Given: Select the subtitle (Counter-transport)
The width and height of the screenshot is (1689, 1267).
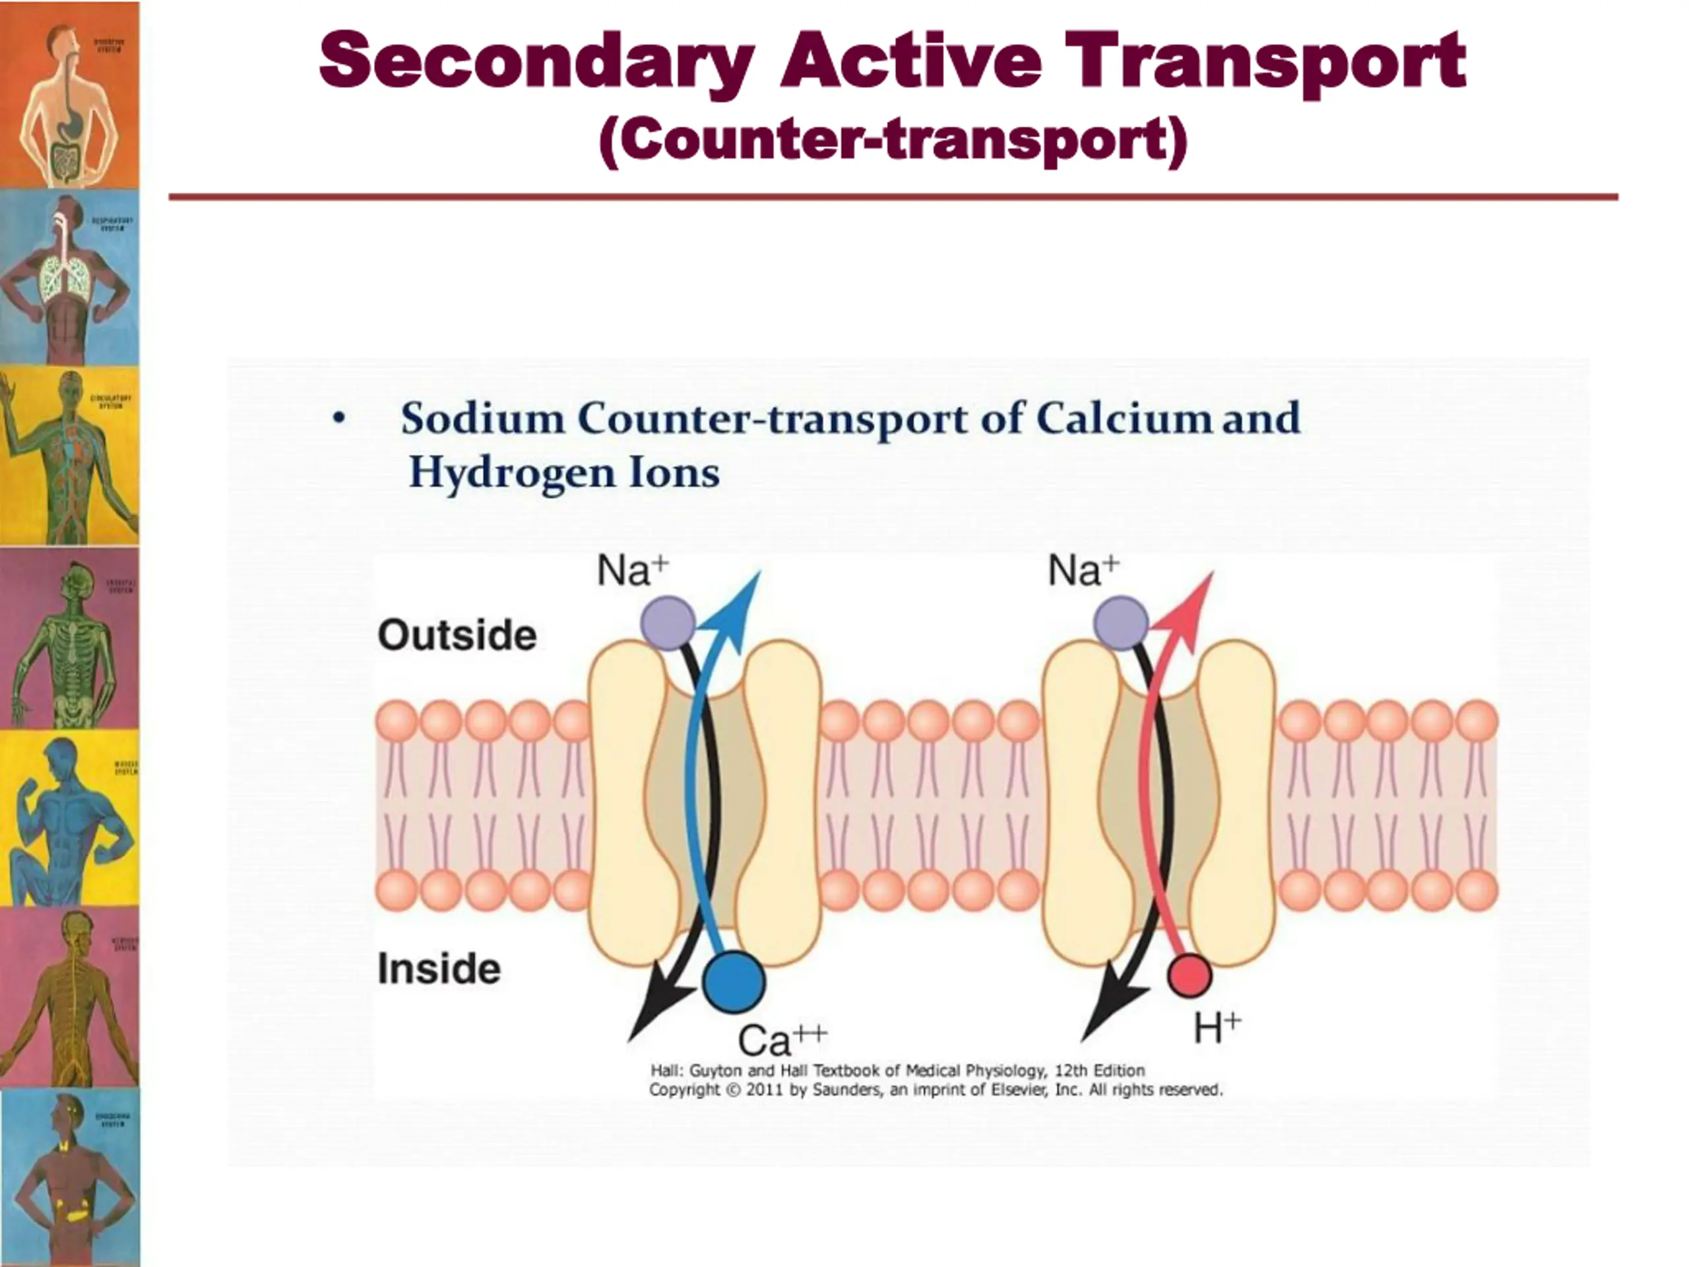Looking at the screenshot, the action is (893, 141).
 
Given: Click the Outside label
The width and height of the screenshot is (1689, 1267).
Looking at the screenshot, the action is (457, 635).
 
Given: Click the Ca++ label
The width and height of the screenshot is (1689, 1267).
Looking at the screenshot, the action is (781, 1039).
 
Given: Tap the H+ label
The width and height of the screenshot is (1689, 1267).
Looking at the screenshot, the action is (1217, 1028).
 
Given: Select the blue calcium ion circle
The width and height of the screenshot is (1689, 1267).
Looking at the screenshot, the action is (733, 981).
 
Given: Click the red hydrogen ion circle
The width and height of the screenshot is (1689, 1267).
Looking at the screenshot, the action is (1189, 976).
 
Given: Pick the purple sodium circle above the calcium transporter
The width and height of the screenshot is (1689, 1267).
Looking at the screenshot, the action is (668, 623).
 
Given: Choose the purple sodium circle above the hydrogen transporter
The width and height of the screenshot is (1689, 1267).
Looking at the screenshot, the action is (1121, 623).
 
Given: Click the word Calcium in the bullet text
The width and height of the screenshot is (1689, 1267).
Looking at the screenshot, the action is (1122, 418).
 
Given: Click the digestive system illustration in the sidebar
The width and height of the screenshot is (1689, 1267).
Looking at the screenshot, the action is (69, 95).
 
